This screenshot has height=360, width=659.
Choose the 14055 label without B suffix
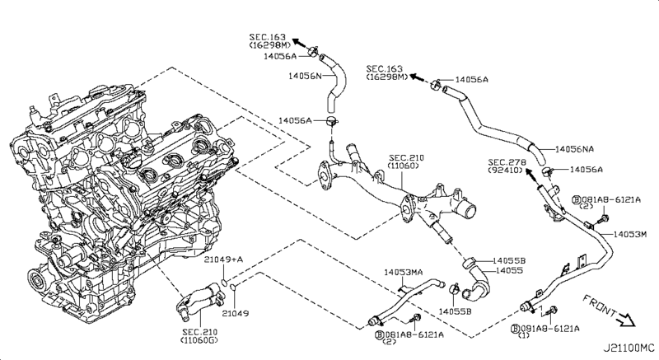(507, 269)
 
